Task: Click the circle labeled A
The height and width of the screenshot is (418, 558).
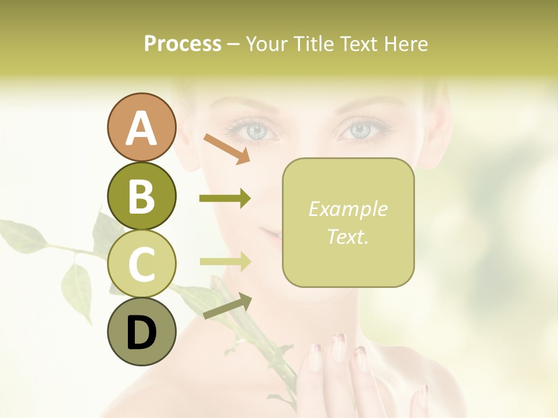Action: (141, 128)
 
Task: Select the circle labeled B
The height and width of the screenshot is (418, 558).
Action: (141, 196)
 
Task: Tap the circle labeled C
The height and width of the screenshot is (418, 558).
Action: (141, 264)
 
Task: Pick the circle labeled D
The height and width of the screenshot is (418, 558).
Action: (141, 331)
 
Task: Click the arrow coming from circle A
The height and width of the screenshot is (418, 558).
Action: (227, 149)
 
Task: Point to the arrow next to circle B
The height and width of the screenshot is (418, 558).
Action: (224, 199)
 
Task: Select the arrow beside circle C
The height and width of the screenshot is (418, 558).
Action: (224, 262)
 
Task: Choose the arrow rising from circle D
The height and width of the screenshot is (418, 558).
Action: (227, 306)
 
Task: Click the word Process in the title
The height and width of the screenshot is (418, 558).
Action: (183, 44)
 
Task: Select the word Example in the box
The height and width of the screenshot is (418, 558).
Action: (348, 209)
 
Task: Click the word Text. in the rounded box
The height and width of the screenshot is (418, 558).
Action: (348, 236)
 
